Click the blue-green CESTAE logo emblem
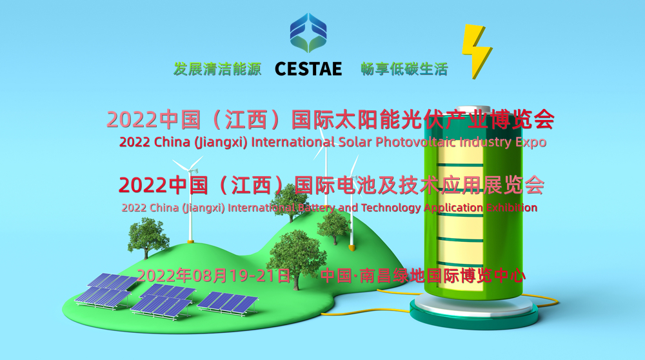pos(308,33)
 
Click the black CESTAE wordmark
pos(308,69)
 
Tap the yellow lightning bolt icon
pos(477,51)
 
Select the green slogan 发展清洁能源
pos(217,69)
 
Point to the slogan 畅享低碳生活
pos(404,69)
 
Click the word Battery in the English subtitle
pos(317,208)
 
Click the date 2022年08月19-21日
pos(213,275)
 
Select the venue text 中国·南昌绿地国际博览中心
pos(422,275)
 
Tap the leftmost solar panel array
pos(107,290)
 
